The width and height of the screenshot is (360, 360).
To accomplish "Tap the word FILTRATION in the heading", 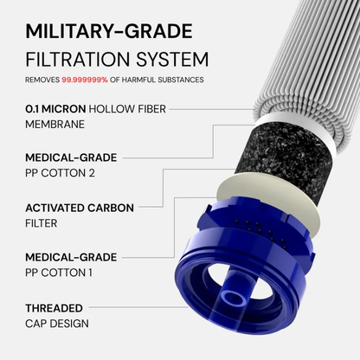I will tap(73, 61).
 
